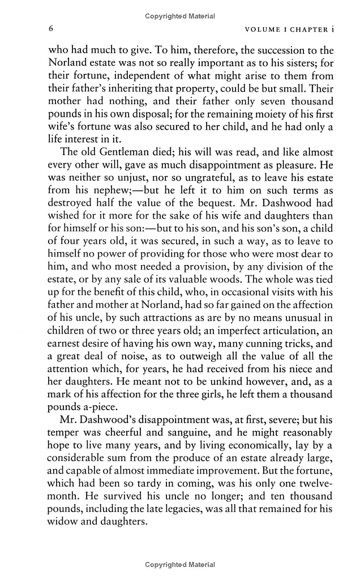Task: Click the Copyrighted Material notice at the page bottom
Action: click(x=180, y=565)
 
